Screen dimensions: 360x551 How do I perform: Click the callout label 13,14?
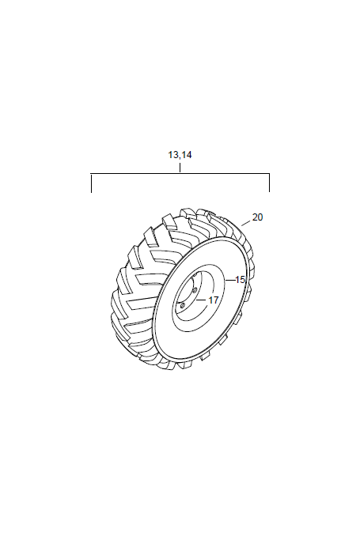tap(180, 155)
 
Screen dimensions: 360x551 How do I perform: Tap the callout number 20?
tap(257, 217)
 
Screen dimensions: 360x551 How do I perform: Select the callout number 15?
tap(240, 280)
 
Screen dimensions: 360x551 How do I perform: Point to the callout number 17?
tap(214, 300)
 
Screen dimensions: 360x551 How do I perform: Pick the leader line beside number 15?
tap(230, 280)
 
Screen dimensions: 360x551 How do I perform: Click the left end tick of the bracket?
tap(92, 183)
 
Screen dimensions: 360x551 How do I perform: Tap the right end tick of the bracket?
tap(269, 183)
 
